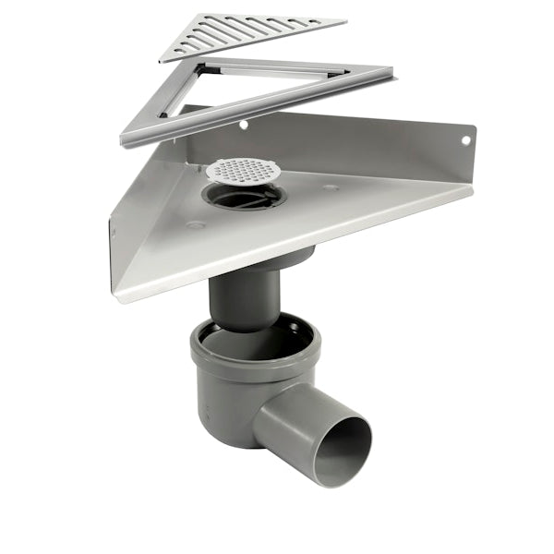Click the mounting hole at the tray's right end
pos(464,140)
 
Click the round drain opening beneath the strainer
pos(242,196)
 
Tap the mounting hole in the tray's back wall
pos(244,124)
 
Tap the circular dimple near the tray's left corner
pos(195,223)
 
